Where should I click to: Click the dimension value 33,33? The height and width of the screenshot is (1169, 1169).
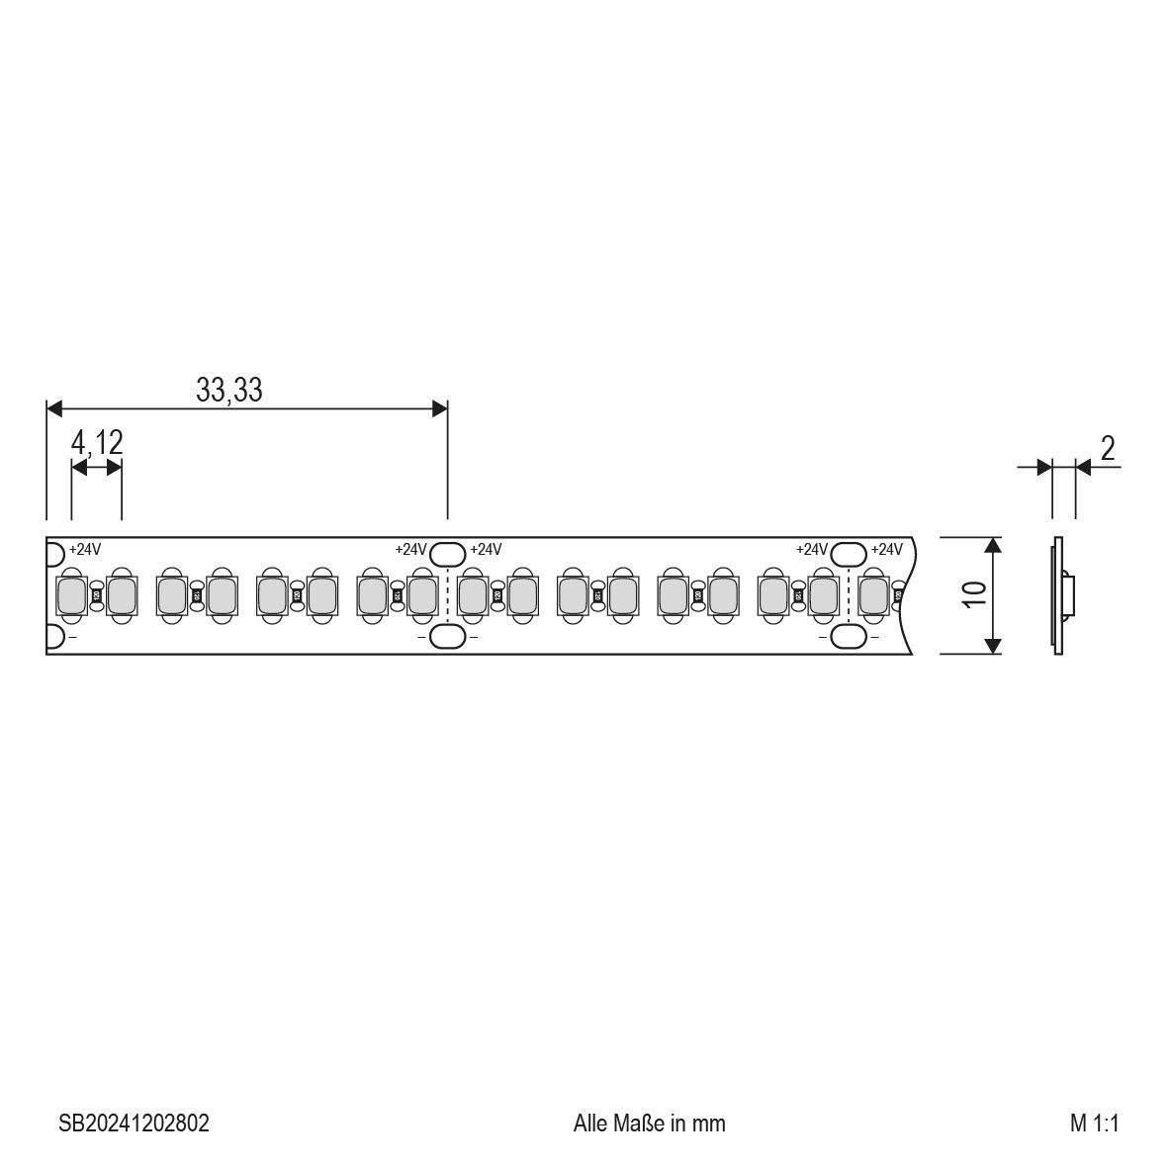click(x=228, y=391)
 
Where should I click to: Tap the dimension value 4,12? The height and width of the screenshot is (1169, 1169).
click(x=97, y=443)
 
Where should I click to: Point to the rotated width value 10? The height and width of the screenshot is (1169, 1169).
click(x=974, y=594)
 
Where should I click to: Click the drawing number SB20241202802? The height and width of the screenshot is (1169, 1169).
click(x=134, y=1124)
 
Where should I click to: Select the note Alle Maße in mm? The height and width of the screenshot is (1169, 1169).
click(x=649, y=1124)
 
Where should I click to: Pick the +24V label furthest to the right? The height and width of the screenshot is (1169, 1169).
click(x=886, y=550)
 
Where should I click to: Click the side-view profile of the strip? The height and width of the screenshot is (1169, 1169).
click(x=1060, y=595)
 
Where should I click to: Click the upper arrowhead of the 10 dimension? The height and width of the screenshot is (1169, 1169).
click(x=993, y=545)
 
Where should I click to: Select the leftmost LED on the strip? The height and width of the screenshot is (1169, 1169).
click(x=71, y=595)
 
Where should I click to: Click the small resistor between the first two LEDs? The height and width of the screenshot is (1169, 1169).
click(x=96, y=595)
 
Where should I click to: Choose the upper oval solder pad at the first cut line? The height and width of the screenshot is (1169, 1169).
click(x=448, y=552)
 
